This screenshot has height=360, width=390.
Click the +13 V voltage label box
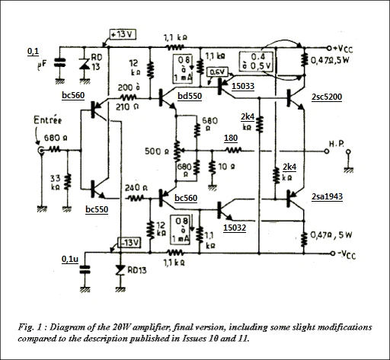pyautogui.click(x=123, y=35)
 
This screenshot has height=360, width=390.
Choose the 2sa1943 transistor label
pyautogui.click(x=328, y=197)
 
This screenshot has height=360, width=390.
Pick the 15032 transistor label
pyautogui.click(x=235, y=226)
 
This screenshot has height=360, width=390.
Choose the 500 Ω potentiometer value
pyautogui.click(x=155, y=151)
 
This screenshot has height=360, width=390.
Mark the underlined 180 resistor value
pyautogui.click(x=230, y=138)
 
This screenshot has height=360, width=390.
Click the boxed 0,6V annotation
pyautogui.click(x=217, y=72)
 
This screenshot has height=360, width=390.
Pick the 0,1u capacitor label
pyautogui.click(x=71, y=260)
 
